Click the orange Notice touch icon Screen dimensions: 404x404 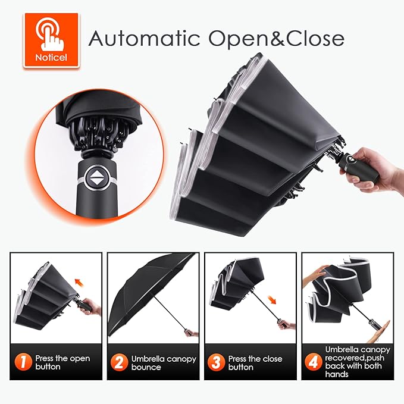[51, 40]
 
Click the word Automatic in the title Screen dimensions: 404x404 [144, 39]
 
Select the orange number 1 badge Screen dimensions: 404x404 [23, 362]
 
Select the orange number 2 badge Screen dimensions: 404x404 [119, 362]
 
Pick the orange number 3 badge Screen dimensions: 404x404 [216, 362]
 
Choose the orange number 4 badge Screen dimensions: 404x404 [314, 362]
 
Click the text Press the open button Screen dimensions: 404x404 [62, 362]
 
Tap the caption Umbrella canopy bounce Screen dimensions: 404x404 [164, 363]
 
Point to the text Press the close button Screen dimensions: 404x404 [255, 363]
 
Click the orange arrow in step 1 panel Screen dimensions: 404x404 [79, 282]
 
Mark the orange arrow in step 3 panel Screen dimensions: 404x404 [272, 300]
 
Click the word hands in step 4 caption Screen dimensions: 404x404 [337, 374]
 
